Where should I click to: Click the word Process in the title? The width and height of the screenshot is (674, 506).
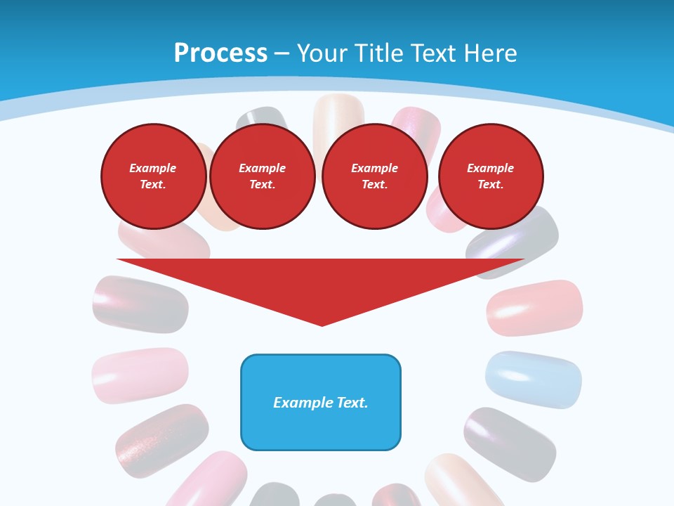point(220,53)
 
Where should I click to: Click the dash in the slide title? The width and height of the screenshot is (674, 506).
point(282,54)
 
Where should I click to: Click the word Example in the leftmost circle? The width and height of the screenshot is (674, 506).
point(153,168)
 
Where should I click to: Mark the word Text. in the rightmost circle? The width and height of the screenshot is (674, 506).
point(491,184)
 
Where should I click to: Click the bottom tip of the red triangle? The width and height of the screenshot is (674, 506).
point(322,325)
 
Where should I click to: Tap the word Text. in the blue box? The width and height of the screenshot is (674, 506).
point(351,403)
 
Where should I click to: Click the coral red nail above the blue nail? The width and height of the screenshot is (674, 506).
point(535,307)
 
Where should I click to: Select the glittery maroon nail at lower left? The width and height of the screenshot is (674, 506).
point(161,439)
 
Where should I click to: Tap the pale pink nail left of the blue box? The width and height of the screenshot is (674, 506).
point(140,375)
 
